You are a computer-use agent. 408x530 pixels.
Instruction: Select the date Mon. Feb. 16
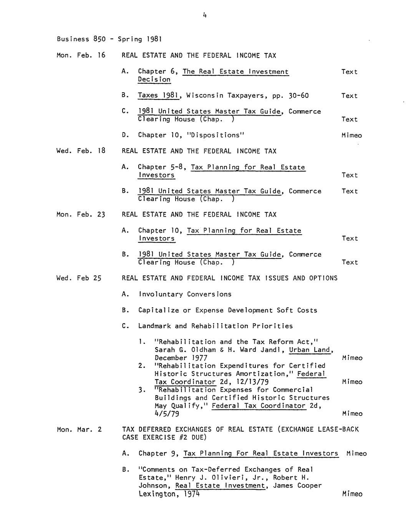point(81,55)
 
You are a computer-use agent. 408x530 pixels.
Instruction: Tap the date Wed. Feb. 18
point(81,151)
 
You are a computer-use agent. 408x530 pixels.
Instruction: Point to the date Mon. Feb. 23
point(81,215)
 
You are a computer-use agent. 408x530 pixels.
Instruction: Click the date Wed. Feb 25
point(79,278)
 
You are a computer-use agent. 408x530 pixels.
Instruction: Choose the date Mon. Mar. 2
point(79,429)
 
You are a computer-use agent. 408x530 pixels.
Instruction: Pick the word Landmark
point(154,326)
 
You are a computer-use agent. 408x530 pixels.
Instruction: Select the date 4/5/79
point(167,414)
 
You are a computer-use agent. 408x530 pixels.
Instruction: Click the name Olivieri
point(216,477)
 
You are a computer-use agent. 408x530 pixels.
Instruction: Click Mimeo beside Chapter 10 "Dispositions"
point(352,135)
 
